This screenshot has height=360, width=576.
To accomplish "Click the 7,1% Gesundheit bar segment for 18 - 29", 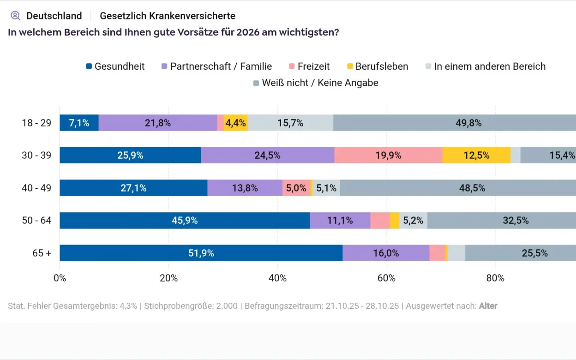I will (x=79, y=123).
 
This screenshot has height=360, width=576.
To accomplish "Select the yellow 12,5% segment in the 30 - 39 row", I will (x=476, y=156).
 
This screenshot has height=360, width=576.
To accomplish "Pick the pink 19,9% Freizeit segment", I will (x=388, y=156).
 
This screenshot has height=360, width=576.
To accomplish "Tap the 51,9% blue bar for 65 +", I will (x=201, y=253).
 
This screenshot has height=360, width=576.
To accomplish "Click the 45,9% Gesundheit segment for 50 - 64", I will (x=185, y=221).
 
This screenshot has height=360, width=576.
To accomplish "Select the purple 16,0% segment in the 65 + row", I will (x=386, y=253).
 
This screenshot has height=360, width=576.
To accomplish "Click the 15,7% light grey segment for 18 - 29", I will (x=290, y=123).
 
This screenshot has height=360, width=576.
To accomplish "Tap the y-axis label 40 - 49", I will (x=36, y=188).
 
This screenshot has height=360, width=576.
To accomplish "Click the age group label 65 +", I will (x=42, y=253).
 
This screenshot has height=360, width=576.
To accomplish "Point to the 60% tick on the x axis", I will (x=386, y=278).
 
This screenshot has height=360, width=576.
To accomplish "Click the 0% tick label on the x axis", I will (x=60, y=278).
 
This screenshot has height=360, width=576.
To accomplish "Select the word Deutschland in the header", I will (x=54, y=16).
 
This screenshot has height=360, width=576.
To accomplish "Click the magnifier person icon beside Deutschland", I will (x=16, y=16).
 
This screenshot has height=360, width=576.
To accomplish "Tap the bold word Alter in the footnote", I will (x=488, y=306).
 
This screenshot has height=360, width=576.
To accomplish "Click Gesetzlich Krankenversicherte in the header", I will (x=168, y=16).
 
